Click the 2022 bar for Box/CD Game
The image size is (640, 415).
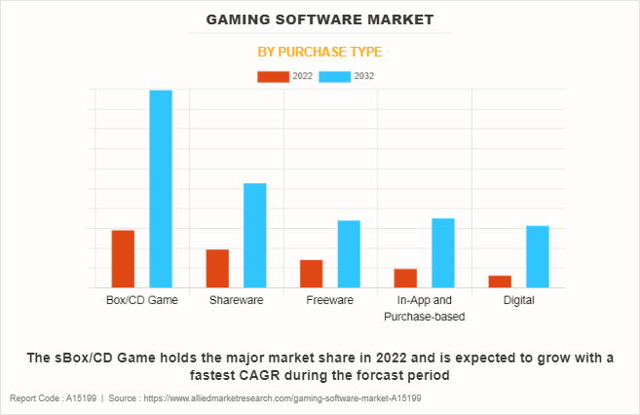(123, 259)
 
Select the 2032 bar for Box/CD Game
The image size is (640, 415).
(161, 189)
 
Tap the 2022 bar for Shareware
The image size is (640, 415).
(217, 269)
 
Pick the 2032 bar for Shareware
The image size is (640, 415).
(255, 236)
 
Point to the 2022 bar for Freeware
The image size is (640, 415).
(312, 274)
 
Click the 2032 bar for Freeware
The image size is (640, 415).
(349, 254)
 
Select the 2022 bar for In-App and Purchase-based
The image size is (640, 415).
(405, 279)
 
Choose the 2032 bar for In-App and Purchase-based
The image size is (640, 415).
(443, 253)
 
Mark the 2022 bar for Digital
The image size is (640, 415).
(500, 282)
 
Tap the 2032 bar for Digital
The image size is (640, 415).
(538, 257)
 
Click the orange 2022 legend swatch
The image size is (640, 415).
(273, 76)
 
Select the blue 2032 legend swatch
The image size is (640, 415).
(335, 76)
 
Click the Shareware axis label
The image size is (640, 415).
(236, 300)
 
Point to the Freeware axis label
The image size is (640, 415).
(329, 300)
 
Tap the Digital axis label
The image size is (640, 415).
(518, 300)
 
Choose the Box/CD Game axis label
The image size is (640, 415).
(141, 300)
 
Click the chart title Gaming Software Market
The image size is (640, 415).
(320, 19)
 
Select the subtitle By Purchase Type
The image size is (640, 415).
(320, 51)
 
